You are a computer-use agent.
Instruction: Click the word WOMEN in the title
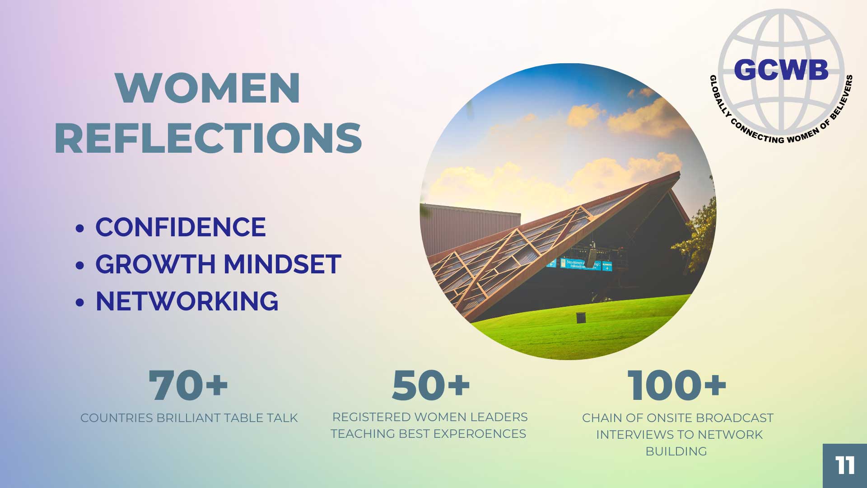click(208, 88)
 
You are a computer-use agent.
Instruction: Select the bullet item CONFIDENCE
click(181, 227)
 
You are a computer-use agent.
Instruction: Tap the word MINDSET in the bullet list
click(282, 264)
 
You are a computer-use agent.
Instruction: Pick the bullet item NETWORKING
click(187, 301)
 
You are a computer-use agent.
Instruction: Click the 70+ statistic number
click(188, 385)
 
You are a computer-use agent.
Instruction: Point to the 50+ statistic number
click(431, 385)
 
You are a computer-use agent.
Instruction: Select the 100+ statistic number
click(677, 385)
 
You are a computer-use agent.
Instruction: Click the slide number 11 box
click(845, 466)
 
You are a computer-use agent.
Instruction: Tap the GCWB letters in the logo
click(781, 70)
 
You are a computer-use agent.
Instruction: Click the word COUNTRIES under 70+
click(117, 418)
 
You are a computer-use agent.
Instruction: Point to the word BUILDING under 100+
click(676, 451)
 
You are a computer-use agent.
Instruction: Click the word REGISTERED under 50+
click(372, 417)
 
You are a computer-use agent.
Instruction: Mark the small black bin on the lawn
click(582, 318)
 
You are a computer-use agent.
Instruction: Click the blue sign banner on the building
click(579, 264)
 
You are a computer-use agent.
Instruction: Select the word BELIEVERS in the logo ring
click(842, 98)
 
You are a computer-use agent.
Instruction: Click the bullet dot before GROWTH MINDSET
click(80, 265)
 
